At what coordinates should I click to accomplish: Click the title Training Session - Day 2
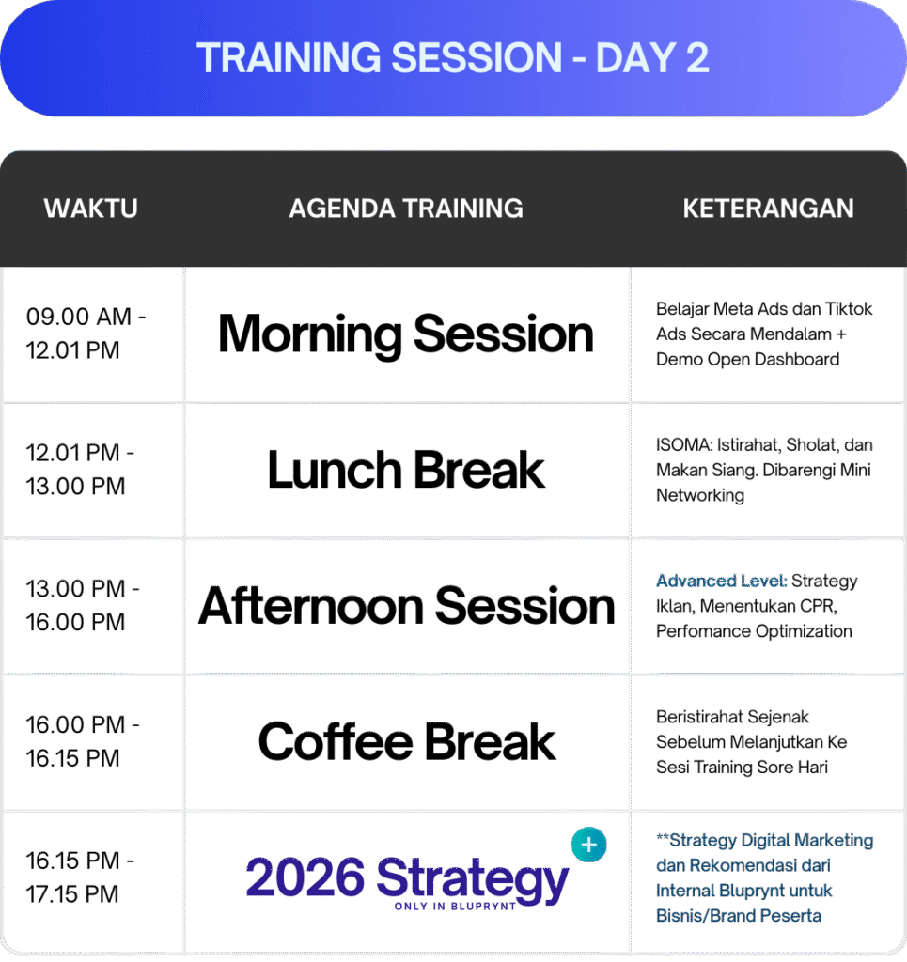[453, 57]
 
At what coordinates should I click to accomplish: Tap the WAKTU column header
[91, 209]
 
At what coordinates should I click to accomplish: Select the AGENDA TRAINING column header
[406, 209]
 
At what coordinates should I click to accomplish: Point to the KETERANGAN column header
[768, 209]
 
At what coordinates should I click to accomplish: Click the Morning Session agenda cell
[406, 334]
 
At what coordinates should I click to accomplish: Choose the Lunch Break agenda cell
[406, 470]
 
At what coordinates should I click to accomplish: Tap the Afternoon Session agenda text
[406, 606]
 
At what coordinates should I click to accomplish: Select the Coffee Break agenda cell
[406, 742]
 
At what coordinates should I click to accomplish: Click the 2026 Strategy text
[407, 878]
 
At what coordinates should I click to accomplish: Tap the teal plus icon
[589, 845]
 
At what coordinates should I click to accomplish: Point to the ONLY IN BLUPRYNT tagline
[455, 907]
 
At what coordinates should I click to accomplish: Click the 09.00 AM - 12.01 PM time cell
[86, 334]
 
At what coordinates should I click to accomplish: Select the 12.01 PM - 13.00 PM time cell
[80, 470]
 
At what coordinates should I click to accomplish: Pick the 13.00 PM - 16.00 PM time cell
[82, 606]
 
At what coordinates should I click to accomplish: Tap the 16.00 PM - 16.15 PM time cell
[82, 741]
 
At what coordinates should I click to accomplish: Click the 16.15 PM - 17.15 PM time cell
[80, 877]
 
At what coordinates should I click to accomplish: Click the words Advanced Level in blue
[721, 581]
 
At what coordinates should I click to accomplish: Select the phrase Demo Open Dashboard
[747, 359]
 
